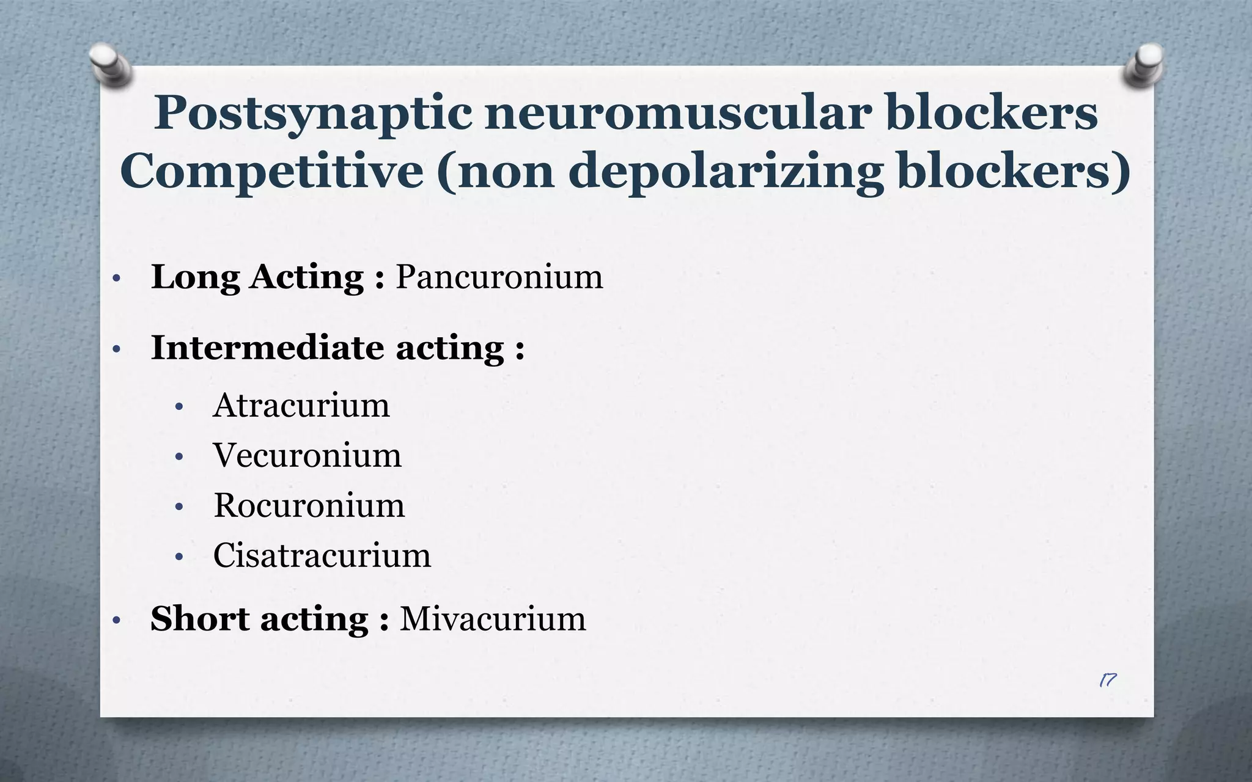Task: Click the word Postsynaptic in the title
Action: pos(312,114)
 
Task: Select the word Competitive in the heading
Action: pos(271,171)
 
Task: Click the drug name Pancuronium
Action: pos(499,277)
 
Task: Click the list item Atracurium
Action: pos(301,405)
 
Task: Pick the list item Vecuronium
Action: pos(307,455)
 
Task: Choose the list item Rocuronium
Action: pos(309,505)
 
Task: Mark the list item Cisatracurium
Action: pos(322,555)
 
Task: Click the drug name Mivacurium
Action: pos(493,619)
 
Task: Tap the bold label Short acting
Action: pos(259,619)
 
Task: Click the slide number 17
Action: pos(1107,680)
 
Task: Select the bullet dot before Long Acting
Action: pos(117,279)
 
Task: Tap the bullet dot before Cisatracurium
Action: pos(179,557)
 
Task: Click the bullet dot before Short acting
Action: pos(117,621)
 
